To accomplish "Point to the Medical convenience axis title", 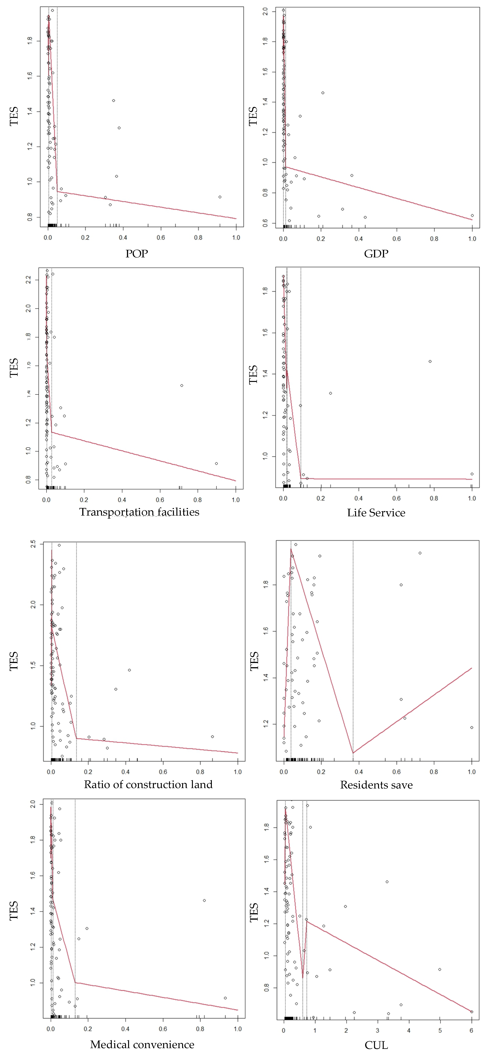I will pyautogui.click(x=142, y=1044).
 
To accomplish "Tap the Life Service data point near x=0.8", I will pyautogui.click(x=430, y=361).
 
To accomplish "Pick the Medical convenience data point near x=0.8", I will pyautogui.click(x=204, y=900).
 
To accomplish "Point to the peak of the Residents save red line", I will pyautogui.click(x=291, y=549).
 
